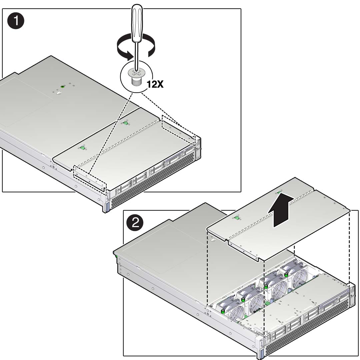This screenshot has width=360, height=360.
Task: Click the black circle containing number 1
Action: click(16, 21)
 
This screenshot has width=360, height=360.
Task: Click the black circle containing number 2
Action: click(135, 223)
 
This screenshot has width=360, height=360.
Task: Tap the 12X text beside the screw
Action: click(155, 84)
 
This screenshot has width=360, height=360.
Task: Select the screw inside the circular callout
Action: click(136, 77)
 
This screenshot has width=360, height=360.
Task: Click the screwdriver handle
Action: click(137, 23)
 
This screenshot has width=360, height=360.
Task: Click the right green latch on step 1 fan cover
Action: click(125, 123)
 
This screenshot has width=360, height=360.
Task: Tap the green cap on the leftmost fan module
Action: click(222, 311)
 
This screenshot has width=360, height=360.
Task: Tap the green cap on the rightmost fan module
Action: click(286, 274)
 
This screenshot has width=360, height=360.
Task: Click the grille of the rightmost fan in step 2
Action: click(300, 279)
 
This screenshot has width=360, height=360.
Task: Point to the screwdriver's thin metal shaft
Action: click(137, 56)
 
